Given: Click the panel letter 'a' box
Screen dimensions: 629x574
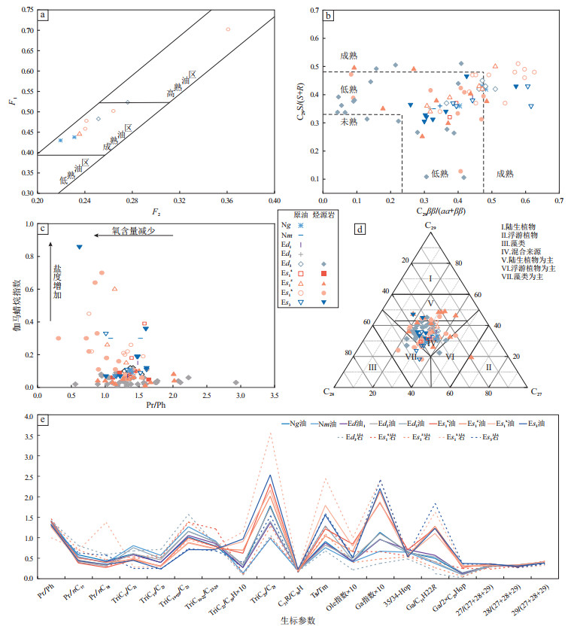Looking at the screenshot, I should [x=45, y=15].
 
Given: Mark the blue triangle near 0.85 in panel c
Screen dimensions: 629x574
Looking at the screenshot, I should [x=80, y=247].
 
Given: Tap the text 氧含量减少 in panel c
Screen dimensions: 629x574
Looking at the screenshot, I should [x=127, y=231].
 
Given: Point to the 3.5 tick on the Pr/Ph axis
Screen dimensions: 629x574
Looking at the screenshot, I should [x=274, y=396].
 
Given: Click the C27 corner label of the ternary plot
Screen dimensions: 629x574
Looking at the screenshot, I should [x=536, y=391].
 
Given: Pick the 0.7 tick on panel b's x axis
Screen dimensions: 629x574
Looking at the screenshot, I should [x=559, y=201].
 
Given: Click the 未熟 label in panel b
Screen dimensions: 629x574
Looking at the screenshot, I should [x=348, y=121].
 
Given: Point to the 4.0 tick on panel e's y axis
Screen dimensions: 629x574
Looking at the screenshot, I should [x=28, y=416].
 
